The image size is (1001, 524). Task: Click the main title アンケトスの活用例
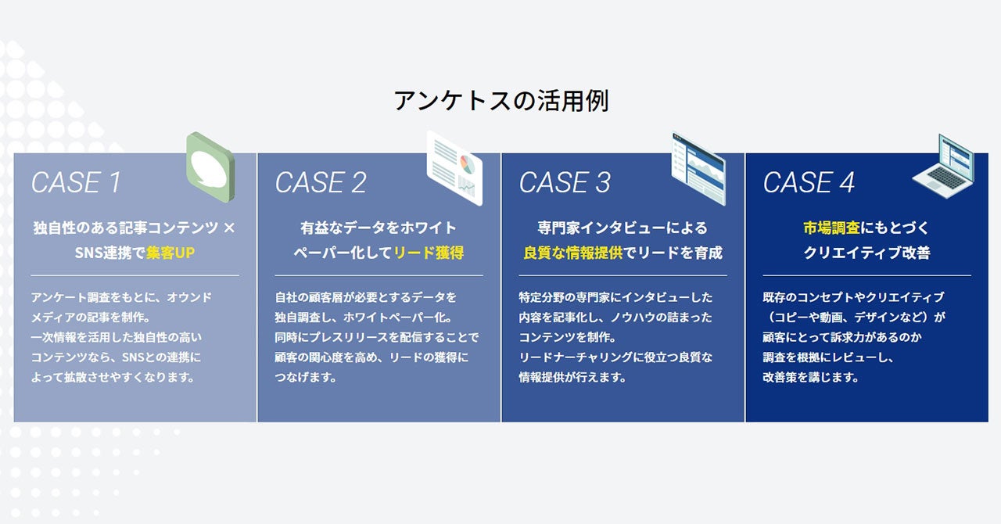(x=500, y=101)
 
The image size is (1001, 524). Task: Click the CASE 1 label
(x=76, y=183)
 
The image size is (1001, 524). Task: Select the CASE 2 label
(x=321, y=183)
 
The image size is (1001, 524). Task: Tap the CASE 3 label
(x=565, y=183)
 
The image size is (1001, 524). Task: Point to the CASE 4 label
(x=809, y=183)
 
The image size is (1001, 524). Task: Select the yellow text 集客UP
(x=170, y=253)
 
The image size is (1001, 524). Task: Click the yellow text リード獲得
(x=429, y=253)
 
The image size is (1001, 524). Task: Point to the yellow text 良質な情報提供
(x=573, y=253)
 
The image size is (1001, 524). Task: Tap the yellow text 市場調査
(x=831, y=228)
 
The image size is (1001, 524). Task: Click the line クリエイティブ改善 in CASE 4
(x=866, y=253)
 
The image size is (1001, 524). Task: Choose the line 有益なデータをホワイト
(x=379, y=228)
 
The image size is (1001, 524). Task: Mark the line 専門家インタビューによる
(x=622, y=228)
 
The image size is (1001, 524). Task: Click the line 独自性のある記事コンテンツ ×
(x=134, y=228)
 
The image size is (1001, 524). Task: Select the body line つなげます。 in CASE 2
(x=306, y=377)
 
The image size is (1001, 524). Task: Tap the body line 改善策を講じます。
(x=811, y=377)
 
